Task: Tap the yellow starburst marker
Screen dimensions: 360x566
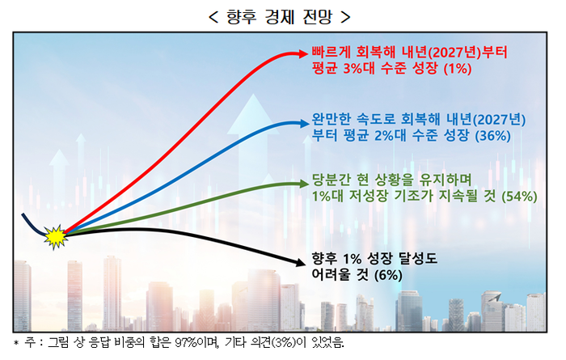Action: pos(54,236)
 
